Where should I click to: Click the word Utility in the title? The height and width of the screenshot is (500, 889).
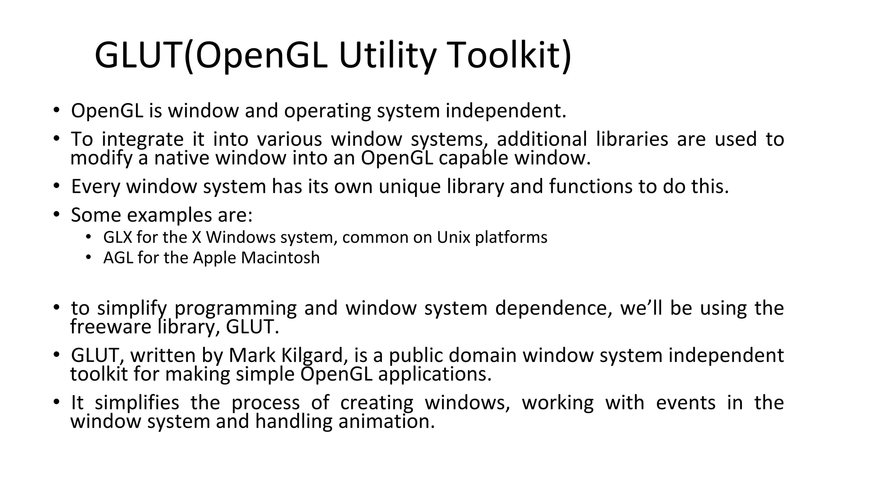pyautogui.click(x=387, y=56)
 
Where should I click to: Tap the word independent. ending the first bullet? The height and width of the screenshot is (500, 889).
pyautogui.click(x=506, y=111)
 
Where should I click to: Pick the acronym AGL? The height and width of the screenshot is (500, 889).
pyautogui.click(x=118, y=258)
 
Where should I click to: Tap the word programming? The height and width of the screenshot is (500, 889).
pyautogui.click(x=235, y=309)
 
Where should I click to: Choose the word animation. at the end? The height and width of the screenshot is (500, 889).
pyautogui.click(x=386, y=421)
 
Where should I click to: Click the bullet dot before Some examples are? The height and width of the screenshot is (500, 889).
pyautogui.click(x=56, y=214)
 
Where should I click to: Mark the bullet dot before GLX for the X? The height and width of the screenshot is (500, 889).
pyautogui.click(x=89, y=237)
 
